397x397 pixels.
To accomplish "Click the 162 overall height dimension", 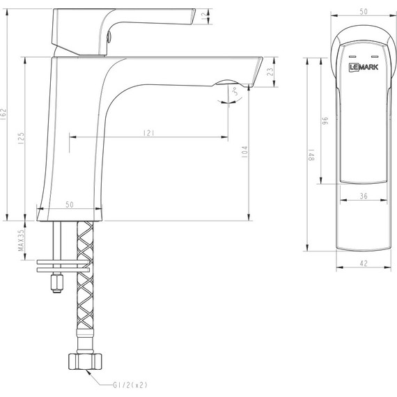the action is click(3, 114).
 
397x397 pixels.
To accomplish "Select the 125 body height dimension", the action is click(22, 138).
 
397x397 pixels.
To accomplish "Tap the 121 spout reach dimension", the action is click(148, 133).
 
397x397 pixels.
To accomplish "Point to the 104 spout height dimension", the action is click(244, 152).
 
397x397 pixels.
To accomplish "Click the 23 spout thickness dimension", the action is click(270, 72).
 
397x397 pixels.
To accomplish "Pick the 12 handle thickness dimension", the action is click(204, 17).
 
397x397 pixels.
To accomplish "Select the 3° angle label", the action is click(235, 91).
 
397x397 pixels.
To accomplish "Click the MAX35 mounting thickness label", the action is click(22, 240).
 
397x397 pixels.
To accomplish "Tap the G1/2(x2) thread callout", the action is click(130, 385).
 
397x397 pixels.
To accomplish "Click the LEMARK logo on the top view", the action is click(364, 67).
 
